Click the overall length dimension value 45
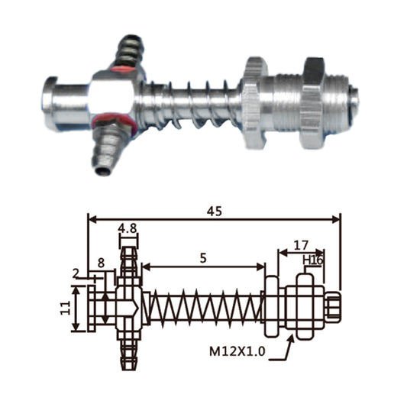[215, 212]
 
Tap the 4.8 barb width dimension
[128, 228]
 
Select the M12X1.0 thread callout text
[237, 352]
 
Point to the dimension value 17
[301, 245]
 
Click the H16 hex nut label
[313, 260]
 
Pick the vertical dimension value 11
[66, 308]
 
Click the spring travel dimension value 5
[203, 258]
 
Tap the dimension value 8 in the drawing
[101, 263]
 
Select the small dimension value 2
[76, 274]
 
